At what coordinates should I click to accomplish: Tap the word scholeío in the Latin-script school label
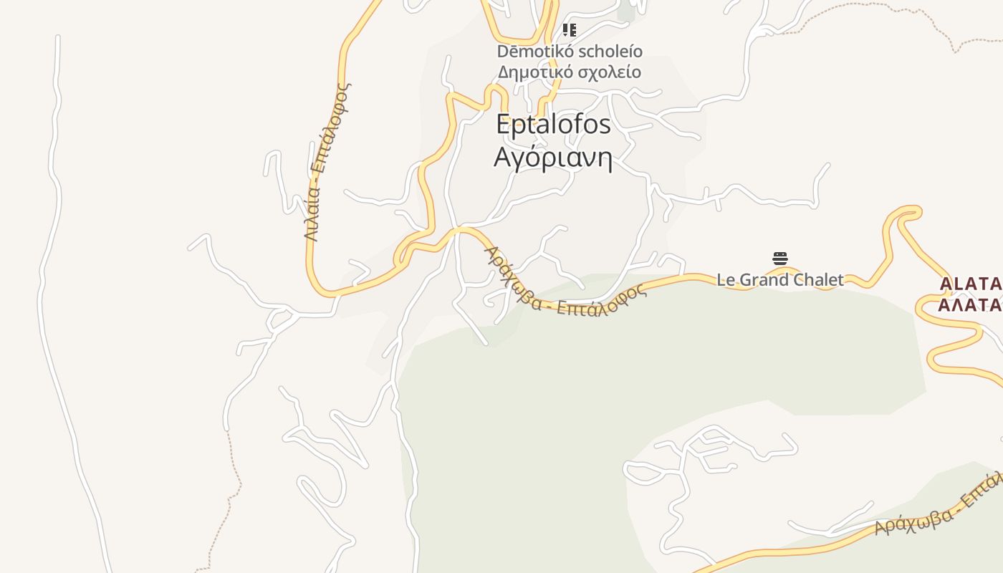610,52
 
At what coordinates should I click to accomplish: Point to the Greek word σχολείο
610,72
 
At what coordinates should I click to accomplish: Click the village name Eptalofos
553,125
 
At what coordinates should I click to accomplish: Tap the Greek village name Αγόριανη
553,157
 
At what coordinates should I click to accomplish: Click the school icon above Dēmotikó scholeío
570,30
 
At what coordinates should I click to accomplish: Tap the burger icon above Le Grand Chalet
780,259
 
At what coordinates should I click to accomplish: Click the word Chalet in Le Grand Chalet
817,279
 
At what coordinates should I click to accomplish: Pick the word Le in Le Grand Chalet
726,279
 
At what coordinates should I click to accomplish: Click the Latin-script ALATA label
971,284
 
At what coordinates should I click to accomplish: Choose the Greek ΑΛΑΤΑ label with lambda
971,305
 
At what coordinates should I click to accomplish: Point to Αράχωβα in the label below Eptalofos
512,277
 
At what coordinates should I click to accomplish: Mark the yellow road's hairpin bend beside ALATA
906,212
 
